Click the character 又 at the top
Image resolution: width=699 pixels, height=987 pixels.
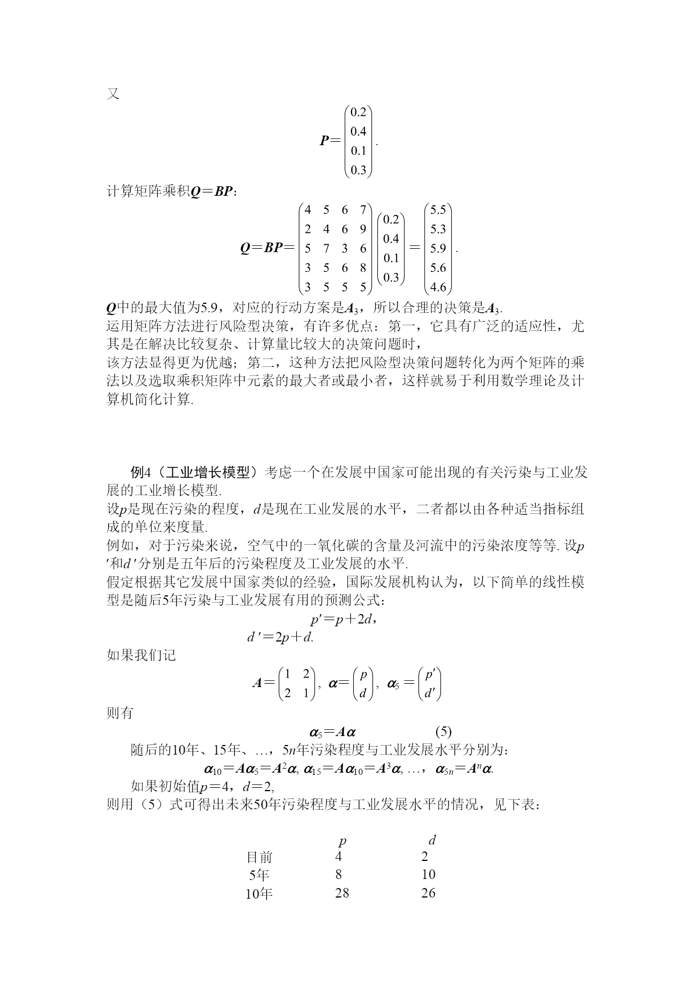click(x=113, y=94)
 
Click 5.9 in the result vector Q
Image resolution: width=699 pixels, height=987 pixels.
click(x=438, y=248)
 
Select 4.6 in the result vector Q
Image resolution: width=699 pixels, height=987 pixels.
click(x=438, y=287)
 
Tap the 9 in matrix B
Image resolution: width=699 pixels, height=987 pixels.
click(x=363, y=229)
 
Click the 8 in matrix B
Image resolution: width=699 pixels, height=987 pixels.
click(x=363, y=268)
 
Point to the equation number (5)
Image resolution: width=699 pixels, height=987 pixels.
click(x=443, y=732)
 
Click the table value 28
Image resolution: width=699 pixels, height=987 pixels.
click(x=342, y=892)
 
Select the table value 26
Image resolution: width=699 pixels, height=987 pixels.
click(x=428, y=892)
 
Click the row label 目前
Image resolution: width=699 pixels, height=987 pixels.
click(x=260, y=857)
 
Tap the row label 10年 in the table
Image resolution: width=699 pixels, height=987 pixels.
click(x=259, y=894)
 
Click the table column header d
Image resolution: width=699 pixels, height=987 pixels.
click(x=432, y=841)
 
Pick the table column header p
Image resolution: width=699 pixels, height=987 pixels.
click(x=342, y=842)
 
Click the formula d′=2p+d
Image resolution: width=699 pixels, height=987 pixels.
click(x=280, y=638)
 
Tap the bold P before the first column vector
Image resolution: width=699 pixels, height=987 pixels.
click(x=324, y=141)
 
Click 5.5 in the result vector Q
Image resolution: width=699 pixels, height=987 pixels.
click(x=438, y=210)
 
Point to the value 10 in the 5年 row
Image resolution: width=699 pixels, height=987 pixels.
click(x=428, y=874)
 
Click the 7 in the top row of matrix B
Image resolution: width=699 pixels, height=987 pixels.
click(x=363, y=210)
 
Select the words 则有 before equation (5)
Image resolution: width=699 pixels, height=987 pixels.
click(x=120, y=713)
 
